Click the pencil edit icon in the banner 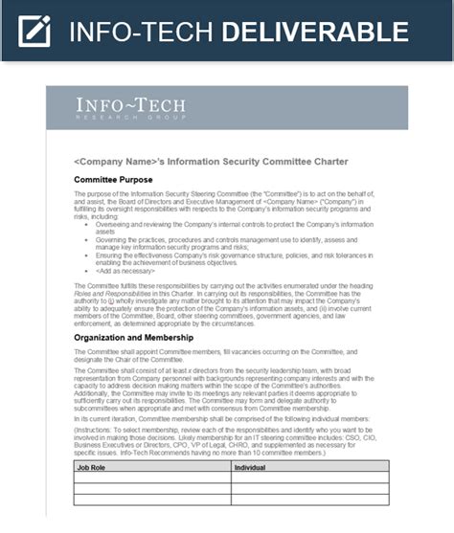click(x=34, y=31)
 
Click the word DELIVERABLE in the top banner click(x=315, y=32)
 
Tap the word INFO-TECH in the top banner click(x=141, y=32)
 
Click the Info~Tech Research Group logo click(x=130, y=108)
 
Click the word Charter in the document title click(x=329, y=161)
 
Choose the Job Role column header click(x=94, y=466)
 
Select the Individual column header click(x=253, y=466)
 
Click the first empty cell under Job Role click(x=151, y=477)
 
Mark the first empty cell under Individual click(x=309, y=477)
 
